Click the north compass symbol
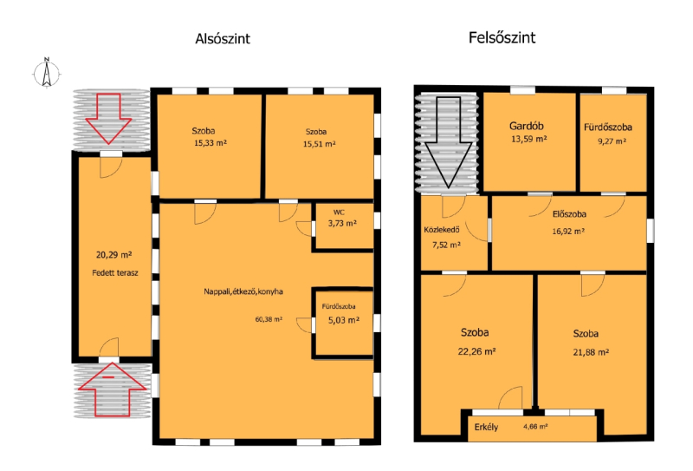tap(47, 73)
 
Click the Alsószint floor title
tap(223, 38)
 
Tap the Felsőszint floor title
tap(502, 37)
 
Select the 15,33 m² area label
tap(210, 143)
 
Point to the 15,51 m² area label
tap(319, 144)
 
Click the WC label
tap(339, 213)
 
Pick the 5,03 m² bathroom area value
tap(344, 319)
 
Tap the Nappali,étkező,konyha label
tap(243, 291)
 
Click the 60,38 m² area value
tap(269, 318)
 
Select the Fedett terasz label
tap(115, 272)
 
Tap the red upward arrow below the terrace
tap(113, 389)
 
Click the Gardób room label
tap(527, 126)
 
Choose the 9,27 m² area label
tap(612, 141)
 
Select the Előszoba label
tap(569, 214)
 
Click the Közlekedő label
tap(442, 230)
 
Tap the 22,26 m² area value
tap(476, 351)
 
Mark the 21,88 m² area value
tap(591, 352)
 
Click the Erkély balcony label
tap(486, 427)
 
